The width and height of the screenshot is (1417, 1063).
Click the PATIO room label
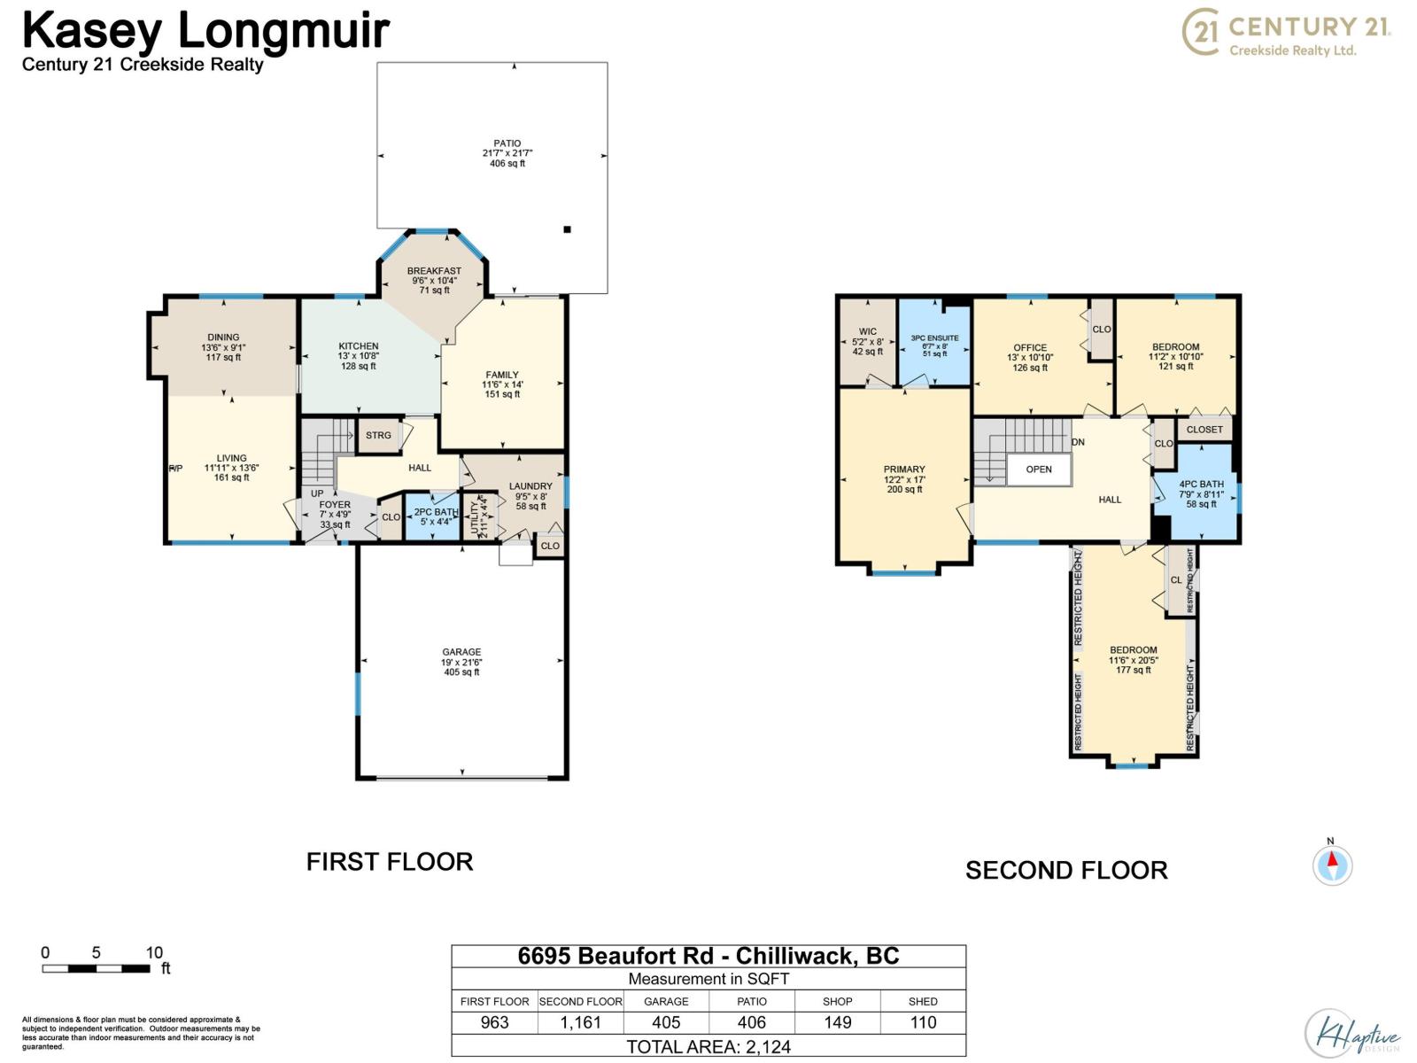click(x=507, y=144)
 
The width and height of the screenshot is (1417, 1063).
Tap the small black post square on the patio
click(x=568, y=229)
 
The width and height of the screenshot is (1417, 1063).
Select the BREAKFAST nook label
click(x=434, y=271)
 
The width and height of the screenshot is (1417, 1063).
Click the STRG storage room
click(x=378, y=435)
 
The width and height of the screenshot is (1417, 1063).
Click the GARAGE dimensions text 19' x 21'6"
click(x=461, y=663)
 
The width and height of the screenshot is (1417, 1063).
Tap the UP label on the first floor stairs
click(x=317, y=493)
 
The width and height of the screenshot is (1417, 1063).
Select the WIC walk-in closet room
click(x=868, y=341)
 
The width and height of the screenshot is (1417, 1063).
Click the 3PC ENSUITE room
click(x=934, y=343)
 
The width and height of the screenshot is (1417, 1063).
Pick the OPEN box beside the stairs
click(x=1039, y=469)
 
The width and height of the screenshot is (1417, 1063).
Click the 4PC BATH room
click(x=1201, y=494)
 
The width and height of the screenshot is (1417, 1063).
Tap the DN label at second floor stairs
click(x=1078, y=442)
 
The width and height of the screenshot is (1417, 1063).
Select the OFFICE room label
click(x=1030, y=348)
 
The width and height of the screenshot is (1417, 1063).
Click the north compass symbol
click(x=1332, y=865)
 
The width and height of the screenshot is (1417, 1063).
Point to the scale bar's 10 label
click(x=154, y=953)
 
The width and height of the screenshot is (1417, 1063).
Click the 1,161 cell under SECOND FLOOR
click(x=580, y=1022)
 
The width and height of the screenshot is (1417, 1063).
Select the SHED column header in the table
click(x=922, y=1002)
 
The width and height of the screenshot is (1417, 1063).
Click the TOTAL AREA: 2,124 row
click(x=708, y=1046)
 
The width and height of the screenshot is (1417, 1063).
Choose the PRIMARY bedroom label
click(x=904, y=469)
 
